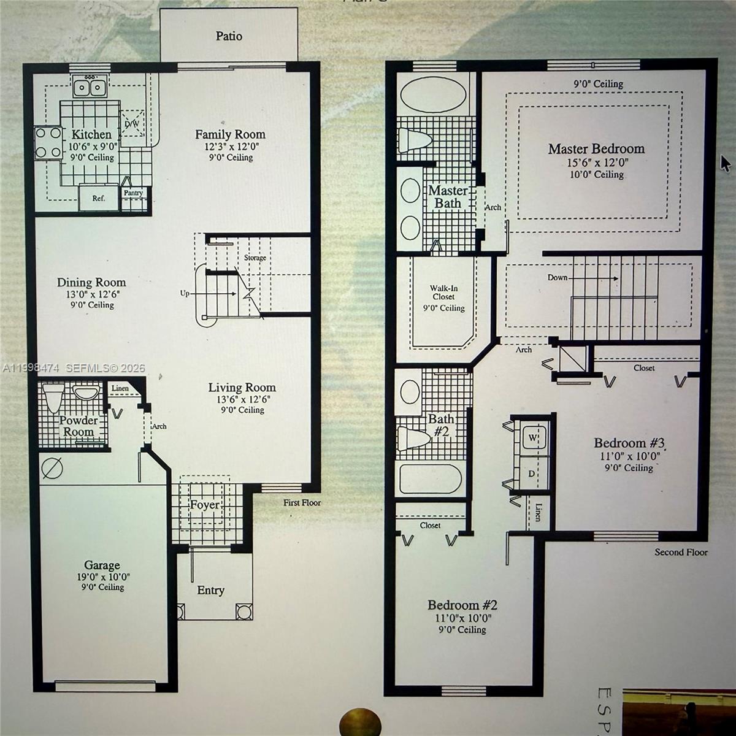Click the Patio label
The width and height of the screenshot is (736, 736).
pyautogui.click(x=228, y=36)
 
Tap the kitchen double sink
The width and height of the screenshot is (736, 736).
pyautogui.click(x=90, y=87)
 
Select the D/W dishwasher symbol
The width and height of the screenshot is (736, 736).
pyautogui.click(x=132, y=123)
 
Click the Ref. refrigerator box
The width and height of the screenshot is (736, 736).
pyautogui.click(x=99, y=198)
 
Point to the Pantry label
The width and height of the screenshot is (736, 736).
pyautogui.click(x=133, y=193)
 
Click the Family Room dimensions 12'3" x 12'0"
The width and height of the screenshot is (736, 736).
pyautogui.click(x=229, y=147)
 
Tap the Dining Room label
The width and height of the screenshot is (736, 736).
pyautogui.click(x=91, y=283)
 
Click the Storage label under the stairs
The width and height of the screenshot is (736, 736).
pyautogui.click(x=255, y=258)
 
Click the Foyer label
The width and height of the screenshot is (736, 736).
pyautogui.click(x=204, y=505)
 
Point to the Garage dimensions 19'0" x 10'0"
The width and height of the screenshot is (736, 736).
pyautogui.click(x=102, y=577)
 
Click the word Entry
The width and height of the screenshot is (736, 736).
pyautogui.click(x=210, y=591)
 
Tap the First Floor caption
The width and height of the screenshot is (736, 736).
pyautogui.click(x=302, y=503)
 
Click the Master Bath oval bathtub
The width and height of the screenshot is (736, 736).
pyautogui.click(x=424, y=96)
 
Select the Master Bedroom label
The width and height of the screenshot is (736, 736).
pyautogui.click(x=596, y=149)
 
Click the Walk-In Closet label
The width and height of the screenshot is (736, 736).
pyautogui.click(x=443, y=293)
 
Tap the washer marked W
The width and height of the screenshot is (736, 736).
pyautogui.click(x=532, y=438)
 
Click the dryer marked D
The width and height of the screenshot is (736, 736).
pyautogui.click(x=531, y=474)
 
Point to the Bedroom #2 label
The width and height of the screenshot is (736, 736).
pyautogui.click(x=462, y=605)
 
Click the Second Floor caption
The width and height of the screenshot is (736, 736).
pyautogui.click(x=681, y=552)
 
